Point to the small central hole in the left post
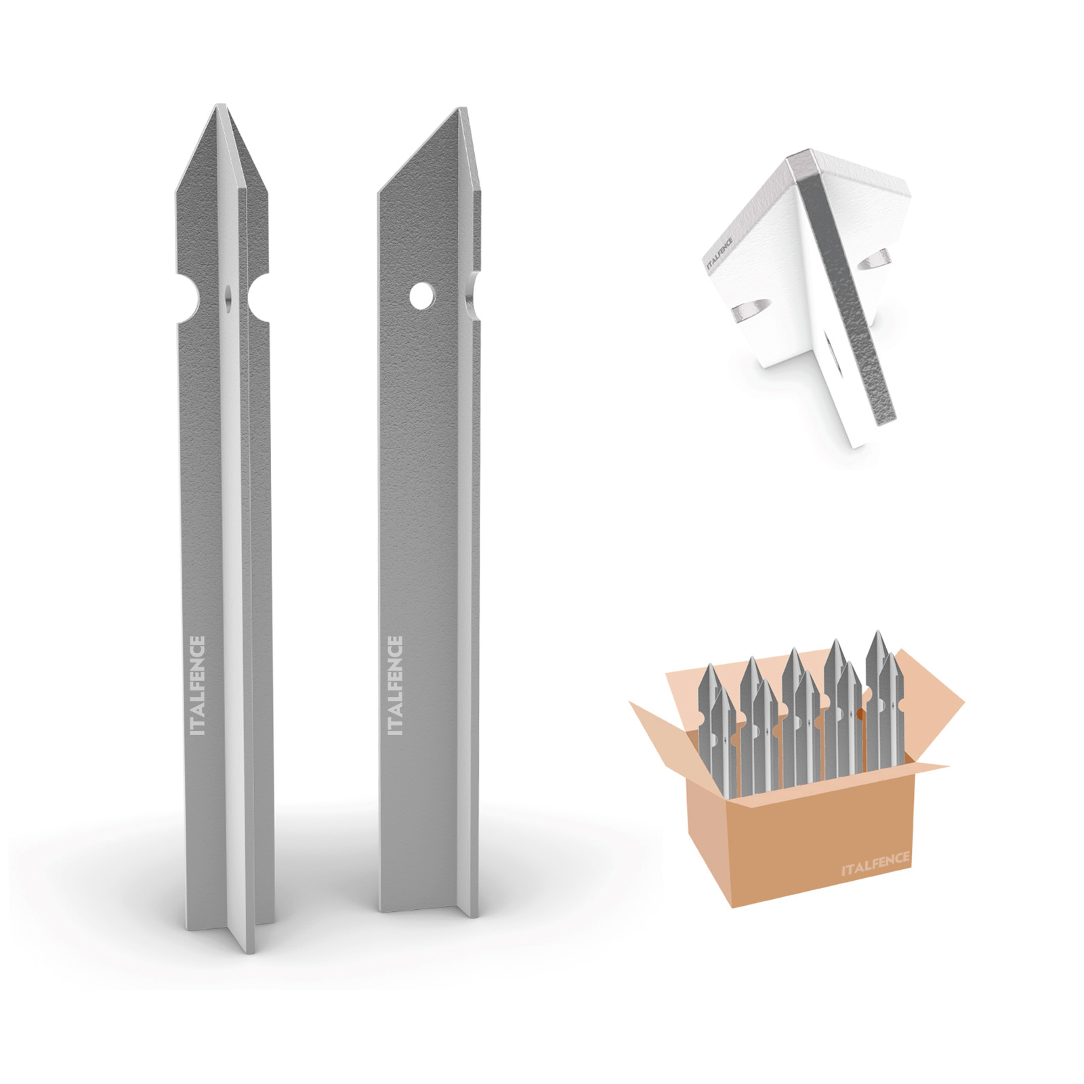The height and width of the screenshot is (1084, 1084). pyautogui.click(x=227, y=297)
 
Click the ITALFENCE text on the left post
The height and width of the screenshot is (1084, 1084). pyautogui.click(x=199, y=686)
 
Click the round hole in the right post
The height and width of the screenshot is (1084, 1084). pyautogui.click(x=423, y=296)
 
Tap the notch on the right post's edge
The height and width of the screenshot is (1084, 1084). pyautogui.click(x=474, y=287)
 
